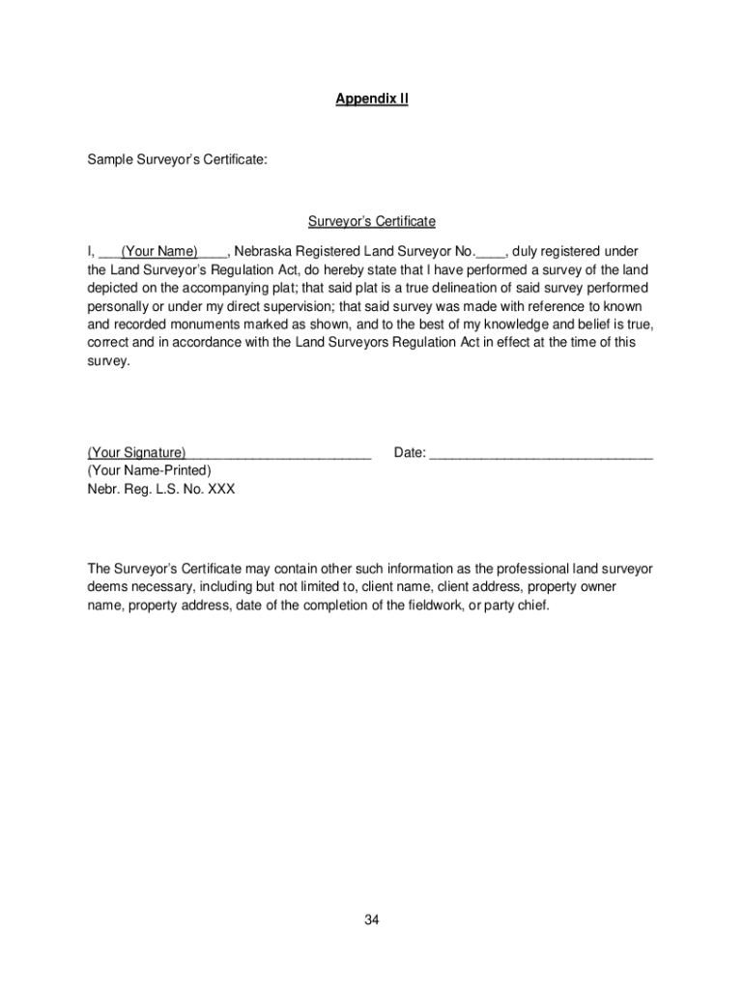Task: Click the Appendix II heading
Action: [372, 99]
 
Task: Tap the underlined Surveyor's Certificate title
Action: [372, 222]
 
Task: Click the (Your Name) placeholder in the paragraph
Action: [159, 252]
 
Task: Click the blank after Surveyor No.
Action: [491, 252]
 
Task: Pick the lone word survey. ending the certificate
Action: [107, 360]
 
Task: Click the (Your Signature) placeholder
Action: [137, 453]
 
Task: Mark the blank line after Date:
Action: [541, 453]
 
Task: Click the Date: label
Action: [410, 453]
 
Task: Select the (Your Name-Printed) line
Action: [149, 470]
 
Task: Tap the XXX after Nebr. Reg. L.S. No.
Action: [221, 489]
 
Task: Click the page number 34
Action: [372, 920]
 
